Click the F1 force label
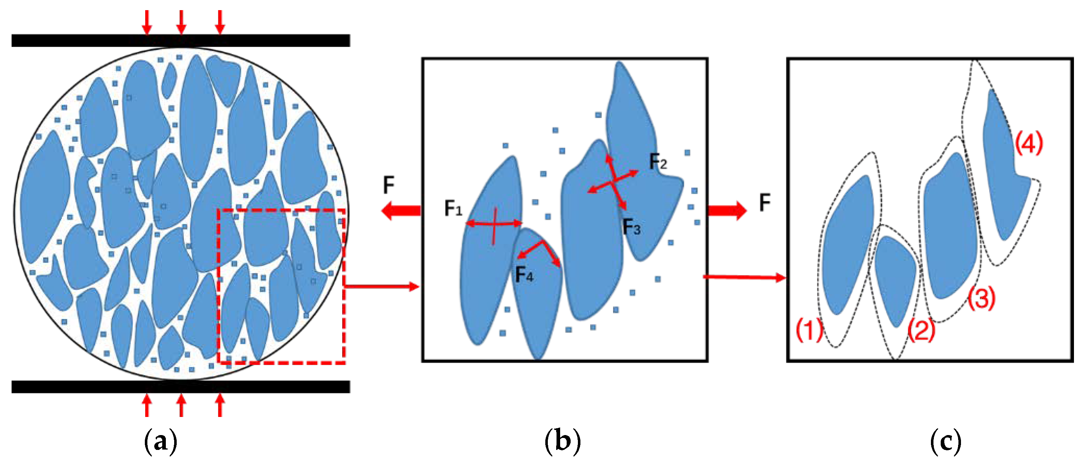pos(453,208)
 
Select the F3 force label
pos(631,227)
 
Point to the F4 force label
pos(524,275)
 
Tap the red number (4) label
pos(1029,143)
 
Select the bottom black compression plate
pos(181,387)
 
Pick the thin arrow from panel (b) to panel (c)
pos(744,277)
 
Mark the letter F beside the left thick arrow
pos(389,185)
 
